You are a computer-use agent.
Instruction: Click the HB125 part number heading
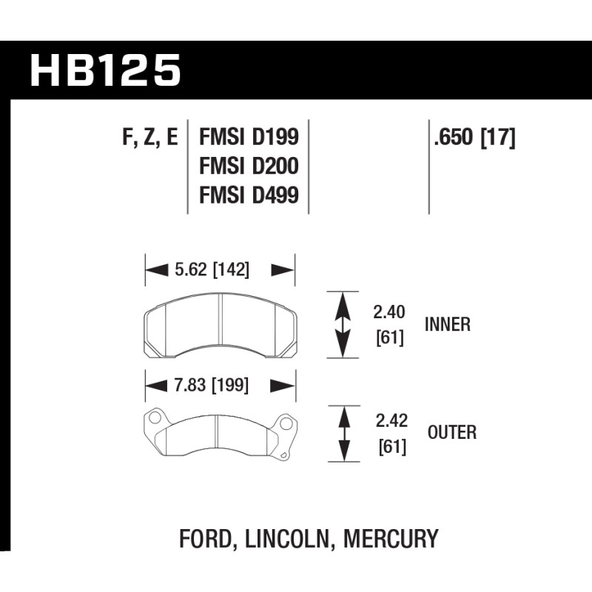(105, 70)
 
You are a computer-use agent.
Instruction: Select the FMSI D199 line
(249, 137)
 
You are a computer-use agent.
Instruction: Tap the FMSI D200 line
(249, 166)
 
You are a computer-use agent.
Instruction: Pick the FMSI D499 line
(249, 195)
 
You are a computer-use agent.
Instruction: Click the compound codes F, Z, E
(150, 138)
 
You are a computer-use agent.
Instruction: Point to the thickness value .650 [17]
(474, 137)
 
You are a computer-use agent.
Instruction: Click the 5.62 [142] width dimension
(212, 270)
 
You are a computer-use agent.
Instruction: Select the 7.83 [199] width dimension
(212, 386)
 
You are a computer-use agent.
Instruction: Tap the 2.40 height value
(389, 312)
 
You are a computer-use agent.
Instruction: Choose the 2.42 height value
(391, 420)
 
